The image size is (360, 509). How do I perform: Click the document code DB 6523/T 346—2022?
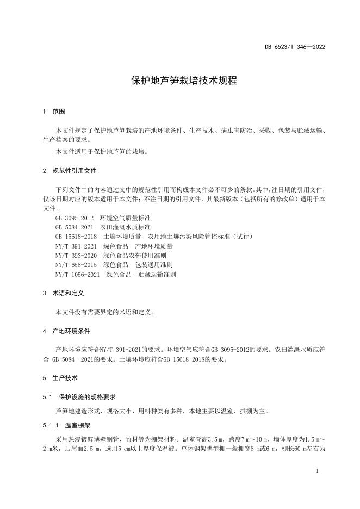(x=295, y=47)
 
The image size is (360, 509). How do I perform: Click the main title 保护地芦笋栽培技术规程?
(x=184, y=82)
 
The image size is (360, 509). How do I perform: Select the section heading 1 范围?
(x=54, y=111)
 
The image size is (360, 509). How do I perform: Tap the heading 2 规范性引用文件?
(x=70, y=171)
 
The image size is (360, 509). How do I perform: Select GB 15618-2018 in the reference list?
(x=76, y=237)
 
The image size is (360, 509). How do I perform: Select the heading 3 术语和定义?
(x=63, y=293)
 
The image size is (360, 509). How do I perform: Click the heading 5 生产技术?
(x=60, y=377)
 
